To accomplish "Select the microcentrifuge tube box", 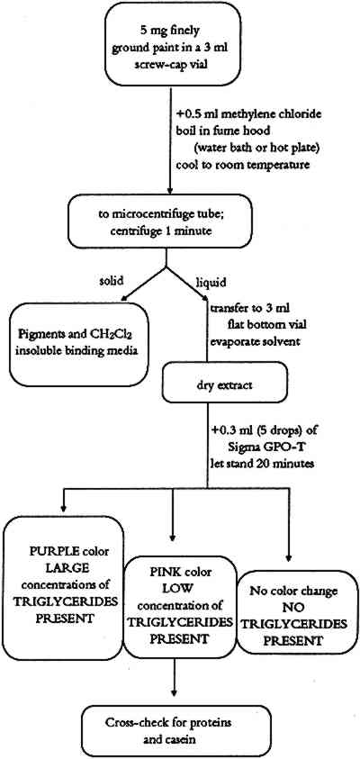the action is (166, 223).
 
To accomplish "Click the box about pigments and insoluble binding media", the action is (78, 344).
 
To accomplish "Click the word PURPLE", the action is (49, 552).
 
